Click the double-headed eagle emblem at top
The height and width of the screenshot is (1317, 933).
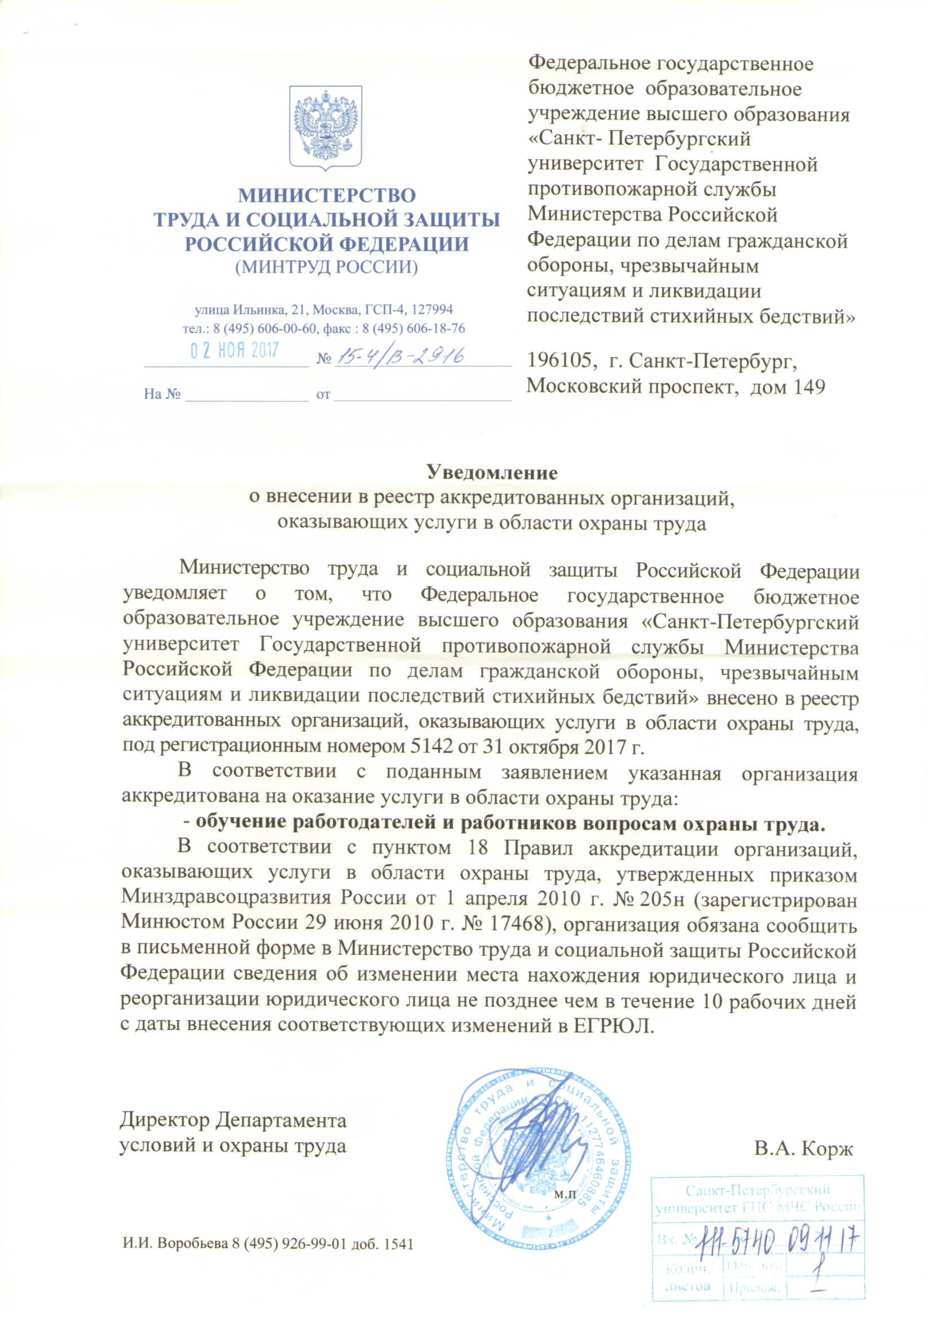click(x=325, y=127)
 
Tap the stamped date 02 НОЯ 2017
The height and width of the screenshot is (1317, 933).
click(x=235, y=351)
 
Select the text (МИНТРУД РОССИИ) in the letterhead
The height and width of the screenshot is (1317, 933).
click(x=325, y=268)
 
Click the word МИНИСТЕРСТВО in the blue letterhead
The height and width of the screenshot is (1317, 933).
click(x=326, y=195)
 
